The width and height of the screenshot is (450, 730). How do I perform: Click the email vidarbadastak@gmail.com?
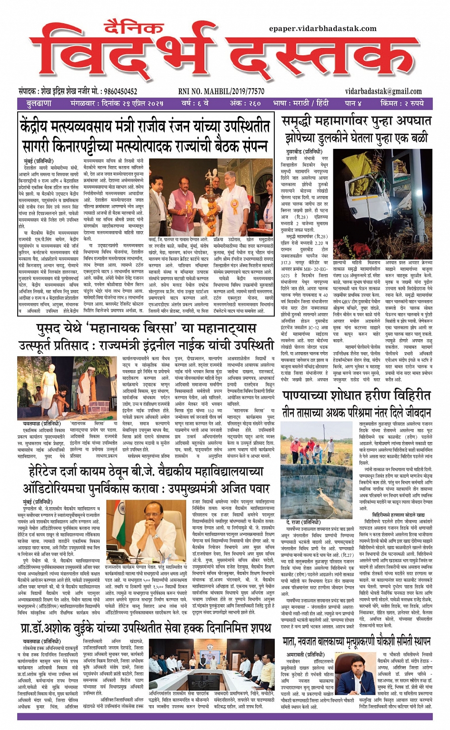click(x=383, y=91)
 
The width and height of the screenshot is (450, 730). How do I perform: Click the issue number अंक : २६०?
click(x=245, y=103)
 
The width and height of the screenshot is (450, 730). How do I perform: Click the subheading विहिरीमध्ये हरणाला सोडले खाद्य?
click(x=398, y=515)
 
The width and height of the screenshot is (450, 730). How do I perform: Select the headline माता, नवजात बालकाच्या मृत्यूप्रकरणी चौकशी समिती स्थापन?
click(x=356, y=641)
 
